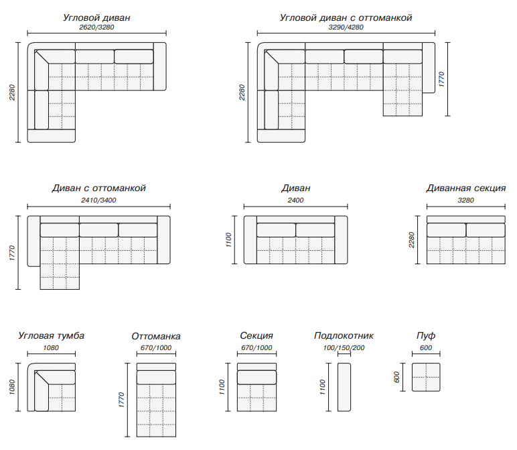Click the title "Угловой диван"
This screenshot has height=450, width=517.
[x=96, y=18]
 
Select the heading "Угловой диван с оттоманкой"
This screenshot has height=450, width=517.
[x=346, y=18]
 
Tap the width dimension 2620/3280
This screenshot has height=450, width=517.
[x=96, y=29]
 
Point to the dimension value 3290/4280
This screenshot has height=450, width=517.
[x=346, y=29]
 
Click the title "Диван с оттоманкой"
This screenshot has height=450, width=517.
[x=98, y=188]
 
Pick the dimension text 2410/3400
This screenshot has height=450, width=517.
[x=98, y=201]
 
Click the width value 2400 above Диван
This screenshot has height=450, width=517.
[x=295, y=201]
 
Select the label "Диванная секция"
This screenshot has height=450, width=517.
[x=465, y=188]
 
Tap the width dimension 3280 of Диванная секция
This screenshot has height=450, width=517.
[x=465, y=201]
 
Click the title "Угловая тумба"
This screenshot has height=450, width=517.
[x=51, y=336]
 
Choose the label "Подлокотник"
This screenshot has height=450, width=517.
[x=344, y=336]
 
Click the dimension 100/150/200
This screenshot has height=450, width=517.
[x=344, y=348]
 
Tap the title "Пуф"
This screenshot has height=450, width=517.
[x=425, y=336]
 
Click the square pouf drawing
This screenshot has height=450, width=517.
[x=425, y=377]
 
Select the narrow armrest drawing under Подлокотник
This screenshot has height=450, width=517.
[x=344, y=387]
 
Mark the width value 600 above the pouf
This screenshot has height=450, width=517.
[x=425, y=348]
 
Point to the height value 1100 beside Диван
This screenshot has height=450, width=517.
[x=228, y=240]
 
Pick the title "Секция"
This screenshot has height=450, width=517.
[x=256, y=336]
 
